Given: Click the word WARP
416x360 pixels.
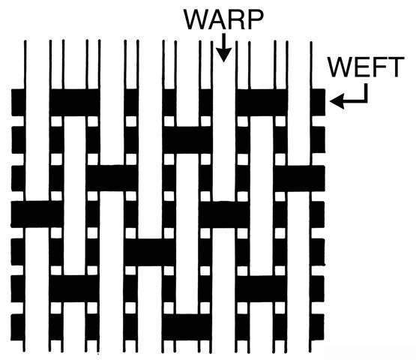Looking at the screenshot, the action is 223,19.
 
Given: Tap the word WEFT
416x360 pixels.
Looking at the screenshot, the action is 366,67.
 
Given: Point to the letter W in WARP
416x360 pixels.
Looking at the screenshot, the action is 196,19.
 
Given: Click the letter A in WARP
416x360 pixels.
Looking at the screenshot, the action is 220,19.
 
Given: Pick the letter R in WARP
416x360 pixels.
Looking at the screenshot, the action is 238,19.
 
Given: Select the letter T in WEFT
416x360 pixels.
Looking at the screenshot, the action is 396,67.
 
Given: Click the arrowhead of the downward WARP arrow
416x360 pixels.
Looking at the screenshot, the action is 224,55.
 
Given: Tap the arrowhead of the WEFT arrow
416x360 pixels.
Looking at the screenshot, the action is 337,101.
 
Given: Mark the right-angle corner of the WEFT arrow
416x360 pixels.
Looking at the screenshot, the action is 367,101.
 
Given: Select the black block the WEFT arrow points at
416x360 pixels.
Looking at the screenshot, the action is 318,102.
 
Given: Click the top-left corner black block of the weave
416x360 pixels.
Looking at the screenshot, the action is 19,102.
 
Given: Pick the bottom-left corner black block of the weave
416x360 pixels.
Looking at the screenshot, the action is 18,327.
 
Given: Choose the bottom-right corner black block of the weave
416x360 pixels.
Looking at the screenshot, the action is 317,327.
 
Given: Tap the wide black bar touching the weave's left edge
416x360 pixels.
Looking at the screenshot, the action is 37,214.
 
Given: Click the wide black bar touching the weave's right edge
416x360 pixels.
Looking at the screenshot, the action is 300,178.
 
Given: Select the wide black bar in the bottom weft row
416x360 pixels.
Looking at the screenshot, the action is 187,327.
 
